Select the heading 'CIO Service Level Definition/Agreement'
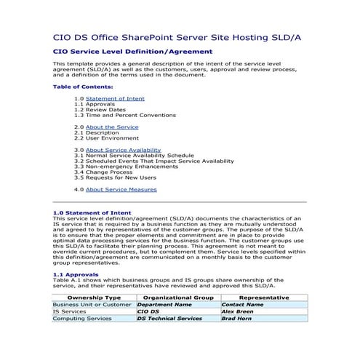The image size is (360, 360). (x=133, y=52)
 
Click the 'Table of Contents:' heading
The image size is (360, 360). (x=83, y=87)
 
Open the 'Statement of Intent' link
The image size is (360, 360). (x=115, y=98)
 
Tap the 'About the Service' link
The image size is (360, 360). (x=112, y=127)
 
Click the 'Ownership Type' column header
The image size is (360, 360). (x=93, y=297)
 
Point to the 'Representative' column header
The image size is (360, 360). (x=263, y=297)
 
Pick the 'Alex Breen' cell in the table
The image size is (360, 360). (x=239, y=311)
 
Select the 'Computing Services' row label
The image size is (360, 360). (x=82, y=319)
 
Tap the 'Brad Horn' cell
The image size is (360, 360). (x=237, y=319)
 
